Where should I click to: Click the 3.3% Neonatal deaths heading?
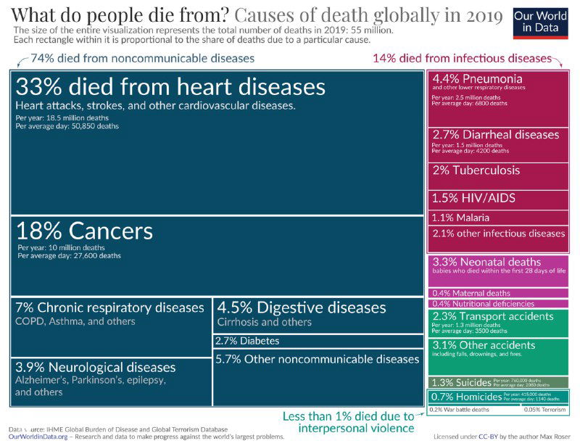(x=486, y=262)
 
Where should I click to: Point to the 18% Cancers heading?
(x=85, y=231)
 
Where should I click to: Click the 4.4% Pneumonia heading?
(x=477, y=78)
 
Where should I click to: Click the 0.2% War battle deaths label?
(x=459, y=410)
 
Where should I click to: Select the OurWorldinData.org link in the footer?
(x=38, y=437)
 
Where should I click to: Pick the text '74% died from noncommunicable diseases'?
(x=142, y=58)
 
